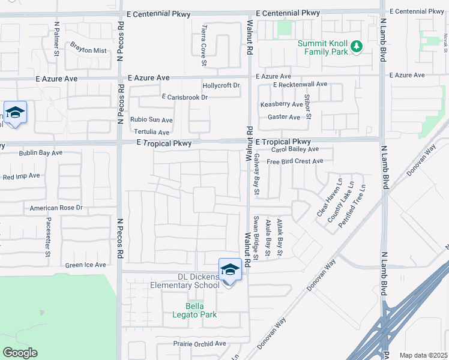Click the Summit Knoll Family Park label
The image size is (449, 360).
point(323,48)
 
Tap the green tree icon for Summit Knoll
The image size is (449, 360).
point(356,46)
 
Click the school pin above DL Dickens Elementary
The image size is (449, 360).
point(230,270)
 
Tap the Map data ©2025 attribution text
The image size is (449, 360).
point(424,355)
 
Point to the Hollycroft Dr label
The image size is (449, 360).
point(221,86)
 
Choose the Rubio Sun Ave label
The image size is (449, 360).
point(151,120)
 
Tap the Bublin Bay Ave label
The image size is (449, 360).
point(40,153)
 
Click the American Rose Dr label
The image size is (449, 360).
point(56,208)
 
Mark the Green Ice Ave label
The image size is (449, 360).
point(85,265)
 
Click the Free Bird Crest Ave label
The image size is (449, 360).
point(295,161)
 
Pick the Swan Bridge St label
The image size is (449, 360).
point(256,238)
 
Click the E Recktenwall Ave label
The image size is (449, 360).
point(300,85)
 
